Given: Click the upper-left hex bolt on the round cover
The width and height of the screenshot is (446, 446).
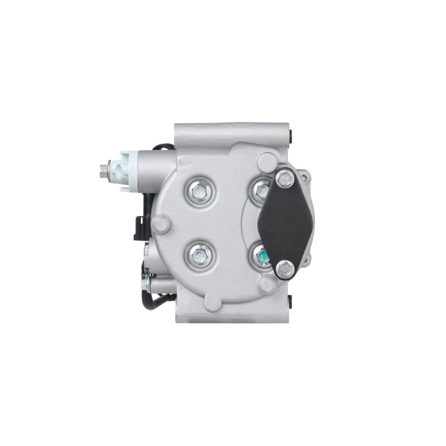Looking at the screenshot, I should click(x=198, y=192).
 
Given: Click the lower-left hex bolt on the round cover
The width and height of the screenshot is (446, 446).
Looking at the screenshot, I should click(x=198, y=255).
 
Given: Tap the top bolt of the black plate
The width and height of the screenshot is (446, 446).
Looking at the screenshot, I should click(x=284, y=178).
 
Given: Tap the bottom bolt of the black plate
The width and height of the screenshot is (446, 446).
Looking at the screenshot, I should click(x=284, y=270).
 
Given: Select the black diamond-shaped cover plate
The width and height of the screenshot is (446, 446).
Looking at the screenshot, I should click(x=287, y=223).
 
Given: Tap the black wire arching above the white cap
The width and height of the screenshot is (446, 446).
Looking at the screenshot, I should click(x=162, y=148).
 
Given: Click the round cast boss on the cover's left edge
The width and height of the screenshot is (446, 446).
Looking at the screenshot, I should click(x=161, y=225).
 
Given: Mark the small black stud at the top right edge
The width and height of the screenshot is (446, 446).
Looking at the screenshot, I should click(x=292, y=135).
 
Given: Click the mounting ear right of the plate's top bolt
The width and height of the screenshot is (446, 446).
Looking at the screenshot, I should click(x=304, y=175).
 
